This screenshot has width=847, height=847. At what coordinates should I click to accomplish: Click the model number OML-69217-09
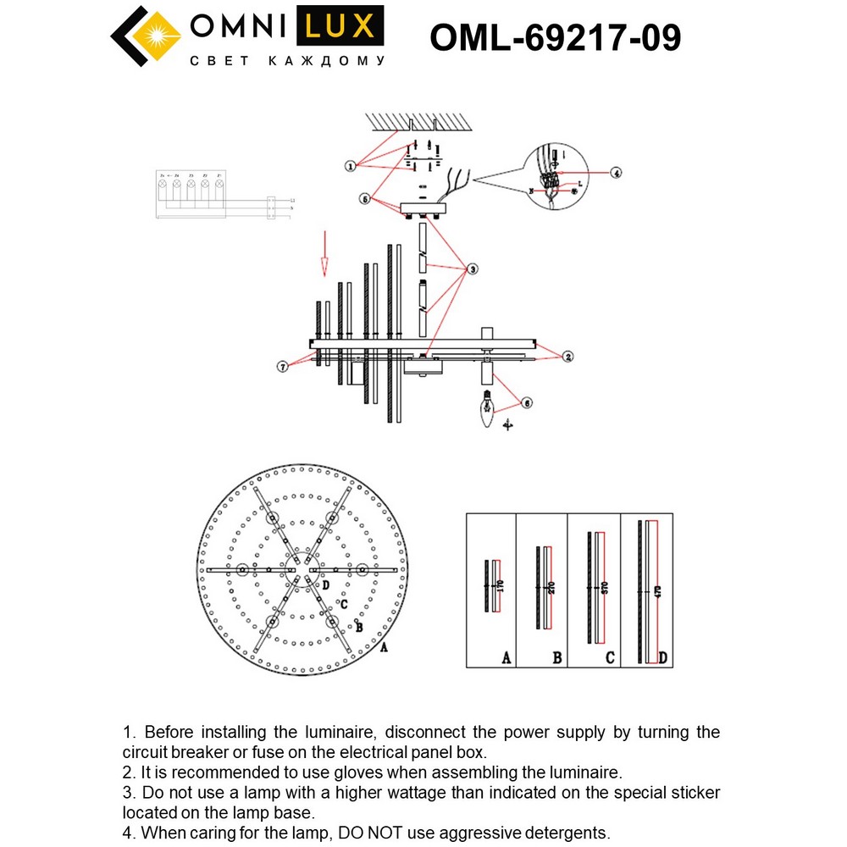(x=555, y=37)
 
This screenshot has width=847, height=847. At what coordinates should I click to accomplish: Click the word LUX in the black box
(x=338, y=27)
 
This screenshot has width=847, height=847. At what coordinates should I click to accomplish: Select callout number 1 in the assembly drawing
(x=350, y=166)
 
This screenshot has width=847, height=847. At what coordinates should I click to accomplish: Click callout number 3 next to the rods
(x=473, y=269)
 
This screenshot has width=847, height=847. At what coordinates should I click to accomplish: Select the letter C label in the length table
(x=610, y=656)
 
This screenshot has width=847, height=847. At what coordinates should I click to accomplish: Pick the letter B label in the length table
(x=556, y=656)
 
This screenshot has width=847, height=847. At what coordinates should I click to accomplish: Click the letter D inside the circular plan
(x=325, y=584)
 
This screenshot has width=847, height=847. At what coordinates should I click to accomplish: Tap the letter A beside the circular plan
(x=384, y=648)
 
